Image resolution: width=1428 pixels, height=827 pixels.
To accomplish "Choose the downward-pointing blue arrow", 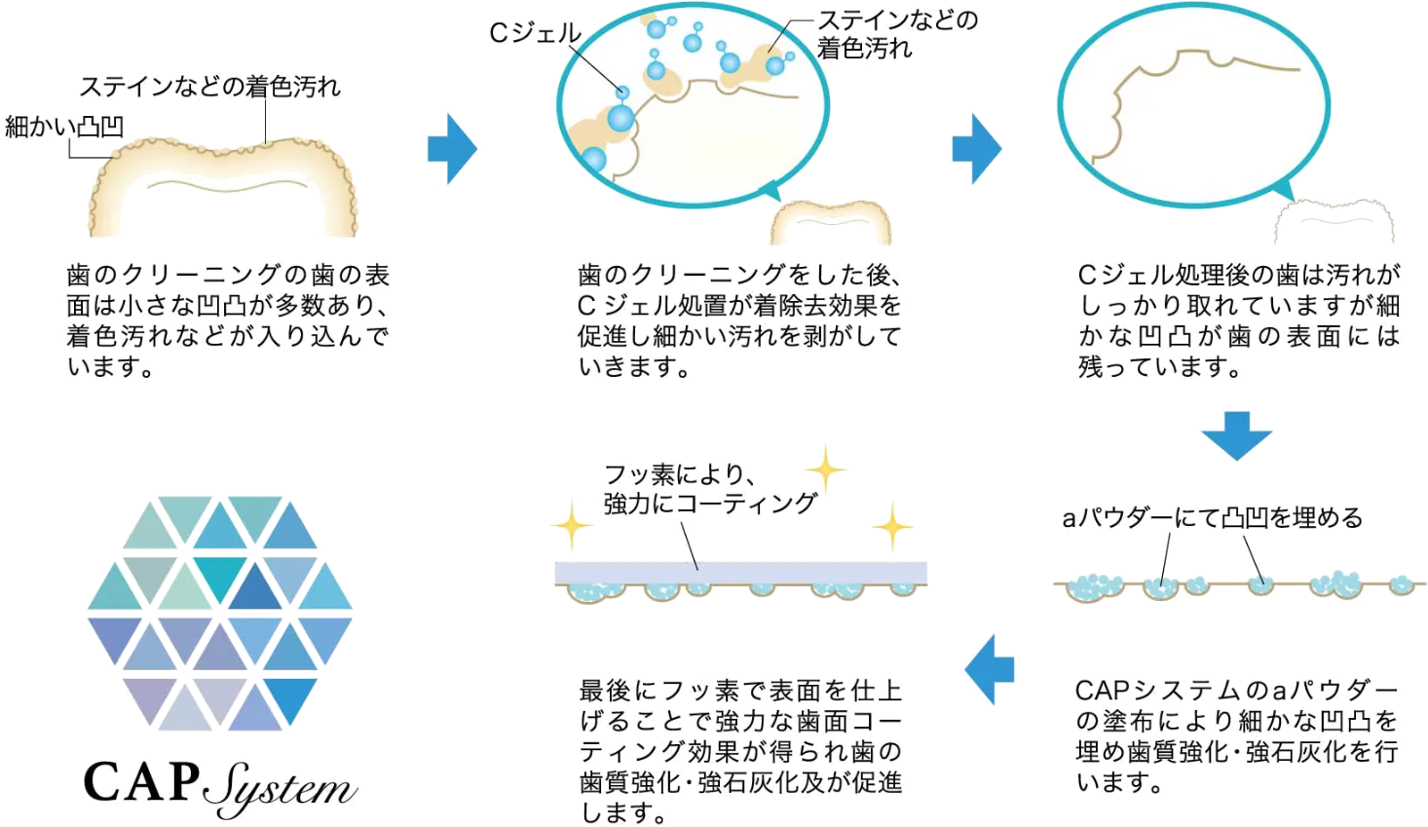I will tap(1236, 433).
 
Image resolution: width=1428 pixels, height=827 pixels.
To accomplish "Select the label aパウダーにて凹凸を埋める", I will tap(1211, 518).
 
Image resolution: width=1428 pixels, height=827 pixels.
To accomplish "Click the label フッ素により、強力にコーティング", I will tap(708, 489).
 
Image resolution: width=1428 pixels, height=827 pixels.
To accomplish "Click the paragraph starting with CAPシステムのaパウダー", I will tap(1238, 736).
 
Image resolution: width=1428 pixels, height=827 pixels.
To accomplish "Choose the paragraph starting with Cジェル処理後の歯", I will tap(1238, 320).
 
